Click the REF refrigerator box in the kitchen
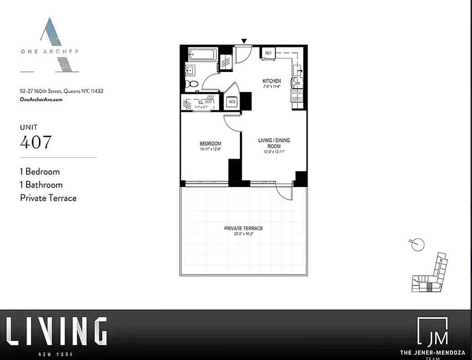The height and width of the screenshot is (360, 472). [268, 53]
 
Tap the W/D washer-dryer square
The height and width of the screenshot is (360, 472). [232, 102]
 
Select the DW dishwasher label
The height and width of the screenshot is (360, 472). [298, 83]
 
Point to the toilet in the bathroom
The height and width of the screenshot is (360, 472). [192, 83]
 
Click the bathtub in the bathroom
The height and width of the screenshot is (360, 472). [202, 55]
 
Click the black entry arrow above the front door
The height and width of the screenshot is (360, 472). [244, 41]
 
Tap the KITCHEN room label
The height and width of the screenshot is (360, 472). [272, 81]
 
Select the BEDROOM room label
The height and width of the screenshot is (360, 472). [210, 144]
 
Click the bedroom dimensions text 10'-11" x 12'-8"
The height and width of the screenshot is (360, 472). [210, 149]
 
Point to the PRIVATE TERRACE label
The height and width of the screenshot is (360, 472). [244, 229]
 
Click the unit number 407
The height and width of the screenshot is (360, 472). [36, 142]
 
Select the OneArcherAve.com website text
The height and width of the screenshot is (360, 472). [41, 99]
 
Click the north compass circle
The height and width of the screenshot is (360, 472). [418, 244]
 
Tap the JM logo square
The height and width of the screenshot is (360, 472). [432, 332]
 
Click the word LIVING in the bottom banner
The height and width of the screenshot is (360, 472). [57, 332]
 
